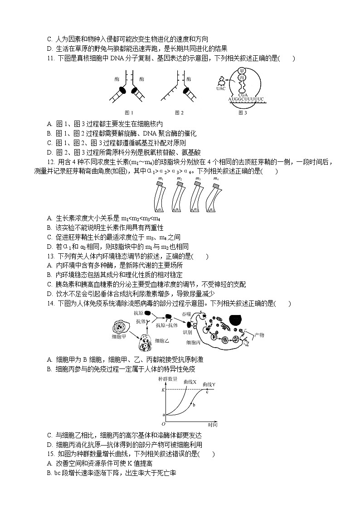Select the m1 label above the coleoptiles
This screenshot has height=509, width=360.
coord(161,179)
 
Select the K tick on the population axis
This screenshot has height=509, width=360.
coord(163,390)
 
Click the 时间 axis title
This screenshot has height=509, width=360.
coord(213,425)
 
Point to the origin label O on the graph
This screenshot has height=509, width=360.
coord(163,425)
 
